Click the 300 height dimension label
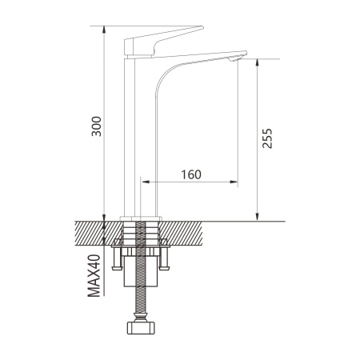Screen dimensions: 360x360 point(96,126)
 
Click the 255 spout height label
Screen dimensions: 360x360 point(267,138)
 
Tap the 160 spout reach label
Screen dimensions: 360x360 point(191,174)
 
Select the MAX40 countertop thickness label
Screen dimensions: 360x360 point(94,276)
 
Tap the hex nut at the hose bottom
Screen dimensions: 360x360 point(140,328)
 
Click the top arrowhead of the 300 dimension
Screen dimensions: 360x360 point(104,30)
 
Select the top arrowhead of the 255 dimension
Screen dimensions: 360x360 point(257,62)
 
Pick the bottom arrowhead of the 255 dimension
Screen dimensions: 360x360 point(257,218)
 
